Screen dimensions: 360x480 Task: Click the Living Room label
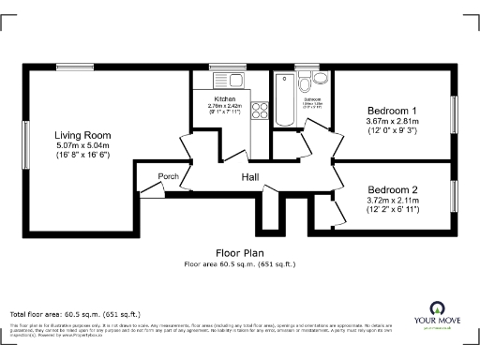click(x=82, y=135)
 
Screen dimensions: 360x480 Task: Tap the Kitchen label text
click(x=225, y=98)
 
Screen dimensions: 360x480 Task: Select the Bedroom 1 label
click(x=392, y=111)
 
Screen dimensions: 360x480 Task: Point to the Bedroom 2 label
click(x=392, y=188)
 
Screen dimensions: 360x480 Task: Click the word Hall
click(x=250, y=177)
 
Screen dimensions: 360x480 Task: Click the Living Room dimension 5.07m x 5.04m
click(x=82, y=145)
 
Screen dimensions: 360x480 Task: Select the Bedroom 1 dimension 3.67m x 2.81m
click(x=392, y=121)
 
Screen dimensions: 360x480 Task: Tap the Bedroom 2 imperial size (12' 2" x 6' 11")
click(x=392, y=209)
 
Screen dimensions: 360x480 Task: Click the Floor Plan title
click(x=239, y=253)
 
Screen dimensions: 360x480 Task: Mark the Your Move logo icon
click(x=437, y=308)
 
